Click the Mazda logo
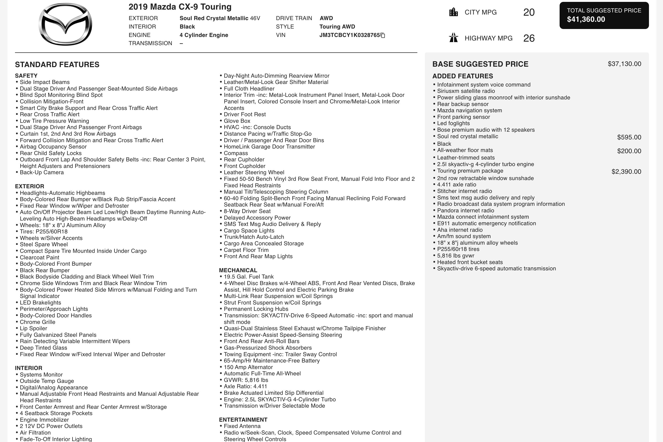[x=66, y=24]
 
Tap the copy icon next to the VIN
[x=383, y=35]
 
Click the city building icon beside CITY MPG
[x=453, y=12]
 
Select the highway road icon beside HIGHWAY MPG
[x=453, y=38]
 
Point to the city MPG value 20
[x=529, y=12]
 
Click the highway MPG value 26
[x=529, y=38]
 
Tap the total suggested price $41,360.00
[x=586, y=19]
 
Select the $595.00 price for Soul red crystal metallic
[x=629, y=137]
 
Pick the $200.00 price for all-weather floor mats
[x=629, y=151]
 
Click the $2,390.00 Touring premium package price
[x=626, y=172]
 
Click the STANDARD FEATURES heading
[x=57, y=65]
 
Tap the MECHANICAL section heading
[x=238, y=270]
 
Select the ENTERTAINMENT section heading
[x=243, y=420]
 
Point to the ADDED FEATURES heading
[x=463, y=76]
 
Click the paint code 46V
[x=255, y=18]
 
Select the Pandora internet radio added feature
[x=465, y=210]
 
